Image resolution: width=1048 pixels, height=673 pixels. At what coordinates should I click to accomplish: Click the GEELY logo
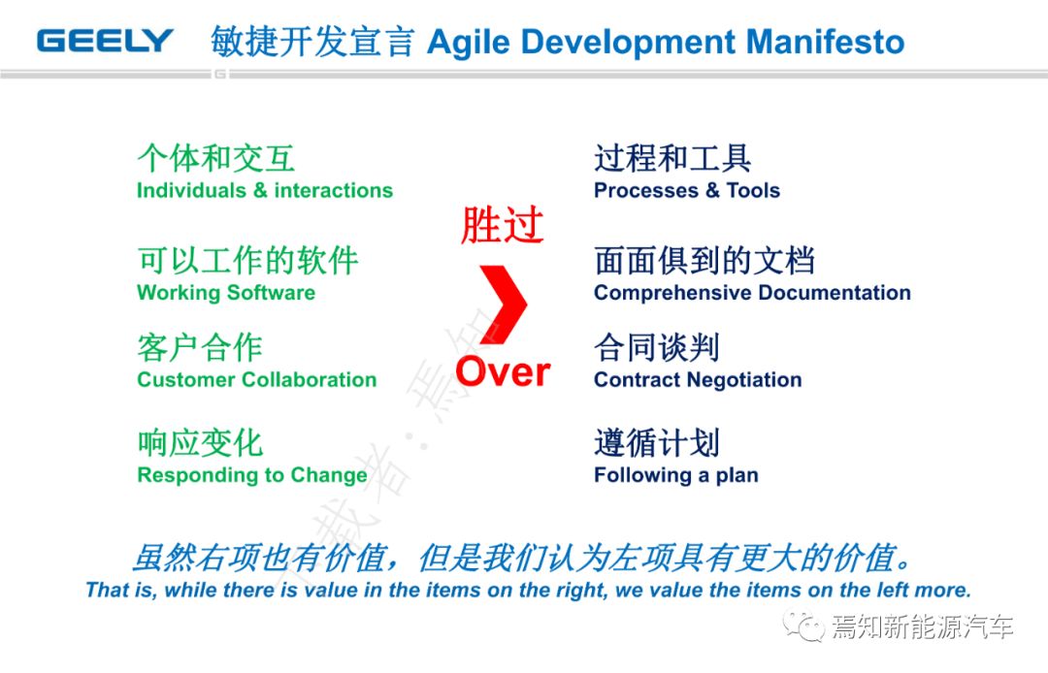tap(105, 41)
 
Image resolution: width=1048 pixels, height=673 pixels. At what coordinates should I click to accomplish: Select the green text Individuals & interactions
tap(265, 190)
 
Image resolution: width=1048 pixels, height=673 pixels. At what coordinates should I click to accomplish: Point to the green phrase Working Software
tap(226, 293)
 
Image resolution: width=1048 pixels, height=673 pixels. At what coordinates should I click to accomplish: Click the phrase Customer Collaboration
tap(256, 379)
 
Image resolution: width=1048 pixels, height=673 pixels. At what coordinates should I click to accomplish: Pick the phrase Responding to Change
tap(252, 475)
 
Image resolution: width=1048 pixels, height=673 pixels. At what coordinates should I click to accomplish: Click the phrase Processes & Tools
tap(687, 190)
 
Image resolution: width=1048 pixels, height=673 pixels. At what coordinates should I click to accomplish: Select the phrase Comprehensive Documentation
tap(753, 293)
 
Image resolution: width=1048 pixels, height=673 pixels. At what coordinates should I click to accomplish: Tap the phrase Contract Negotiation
tap(698, 379)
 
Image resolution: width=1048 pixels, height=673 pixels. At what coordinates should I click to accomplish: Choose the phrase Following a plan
tap(676, 475)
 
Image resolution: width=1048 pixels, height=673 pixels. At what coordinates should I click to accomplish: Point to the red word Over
tap(504, 371)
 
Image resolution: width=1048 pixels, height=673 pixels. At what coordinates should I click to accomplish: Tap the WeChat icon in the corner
tap(804, 625)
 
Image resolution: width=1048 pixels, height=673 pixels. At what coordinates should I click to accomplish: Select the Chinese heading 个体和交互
tap(215, 158)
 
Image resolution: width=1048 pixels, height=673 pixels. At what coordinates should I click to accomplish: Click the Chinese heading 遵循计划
tap(657, 442)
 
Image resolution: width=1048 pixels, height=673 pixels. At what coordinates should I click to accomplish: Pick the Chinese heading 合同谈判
tap(657, 347)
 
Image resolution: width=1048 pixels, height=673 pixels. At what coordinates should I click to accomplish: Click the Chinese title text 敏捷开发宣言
tap(312, 42)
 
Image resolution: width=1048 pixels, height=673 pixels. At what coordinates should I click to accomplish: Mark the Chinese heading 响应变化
tap(201, 442)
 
